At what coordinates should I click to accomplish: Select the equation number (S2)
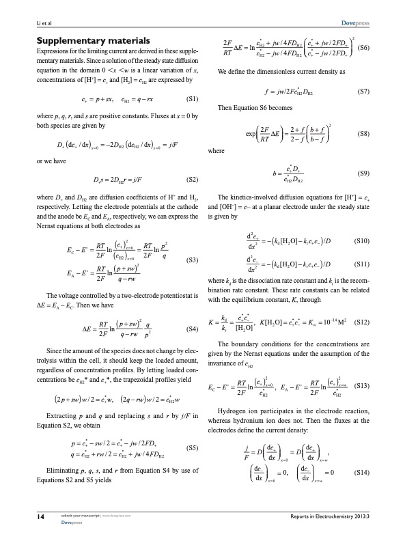[193, 180]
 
